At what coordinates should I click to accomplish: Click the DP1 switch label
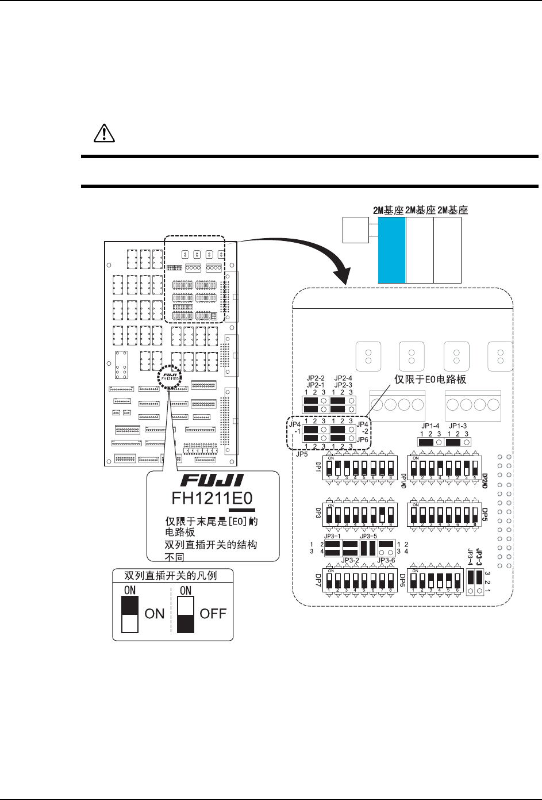pyautogui.click(x=317, y=465)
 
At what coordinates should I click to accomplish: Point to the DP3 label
pyautogui.click(x=317, y=513)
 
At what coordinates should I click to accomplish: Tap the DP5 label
pyautogui.click(x=485, y=512)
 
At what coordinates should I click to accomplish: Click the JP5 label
pyautogui.click(x=301, y=453)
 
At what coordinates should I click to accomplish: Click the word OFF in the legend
pyautogui.click(x=213, y=613)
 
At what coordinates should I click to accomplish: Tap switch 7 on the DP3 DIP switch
pyautogui.click(x=381, y=513)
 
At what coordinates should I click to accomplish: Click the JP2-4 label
pyautogui.click(x=343, y=377)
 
